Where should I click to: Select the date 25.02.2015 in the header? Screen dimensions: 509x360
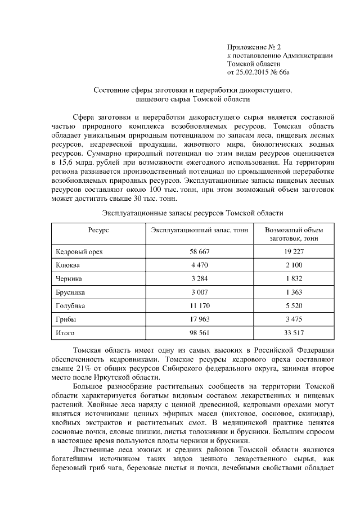coord(258,73)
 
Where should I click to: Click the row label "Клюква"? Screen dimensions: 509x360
coord(67,264)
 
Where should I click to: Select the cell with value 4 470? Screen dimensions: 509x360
coord(200,264)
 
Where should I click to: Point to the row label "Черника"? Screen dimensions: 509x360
coord(69,278)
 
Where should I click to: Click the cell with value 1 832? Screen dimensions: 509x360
coord(294,278)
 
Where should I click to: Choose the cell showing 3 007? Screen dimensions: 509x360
coord(200,292)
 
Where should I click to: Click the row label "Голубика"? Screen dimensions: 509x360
coord(71,305)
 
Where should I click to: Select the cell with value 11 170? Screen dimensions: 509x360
coord(200,305)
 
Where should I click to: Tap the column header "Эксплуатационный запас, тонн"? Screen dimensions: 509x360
coord(200,230)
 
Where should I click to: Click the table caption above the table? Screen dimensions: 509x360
coord(192,213)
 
